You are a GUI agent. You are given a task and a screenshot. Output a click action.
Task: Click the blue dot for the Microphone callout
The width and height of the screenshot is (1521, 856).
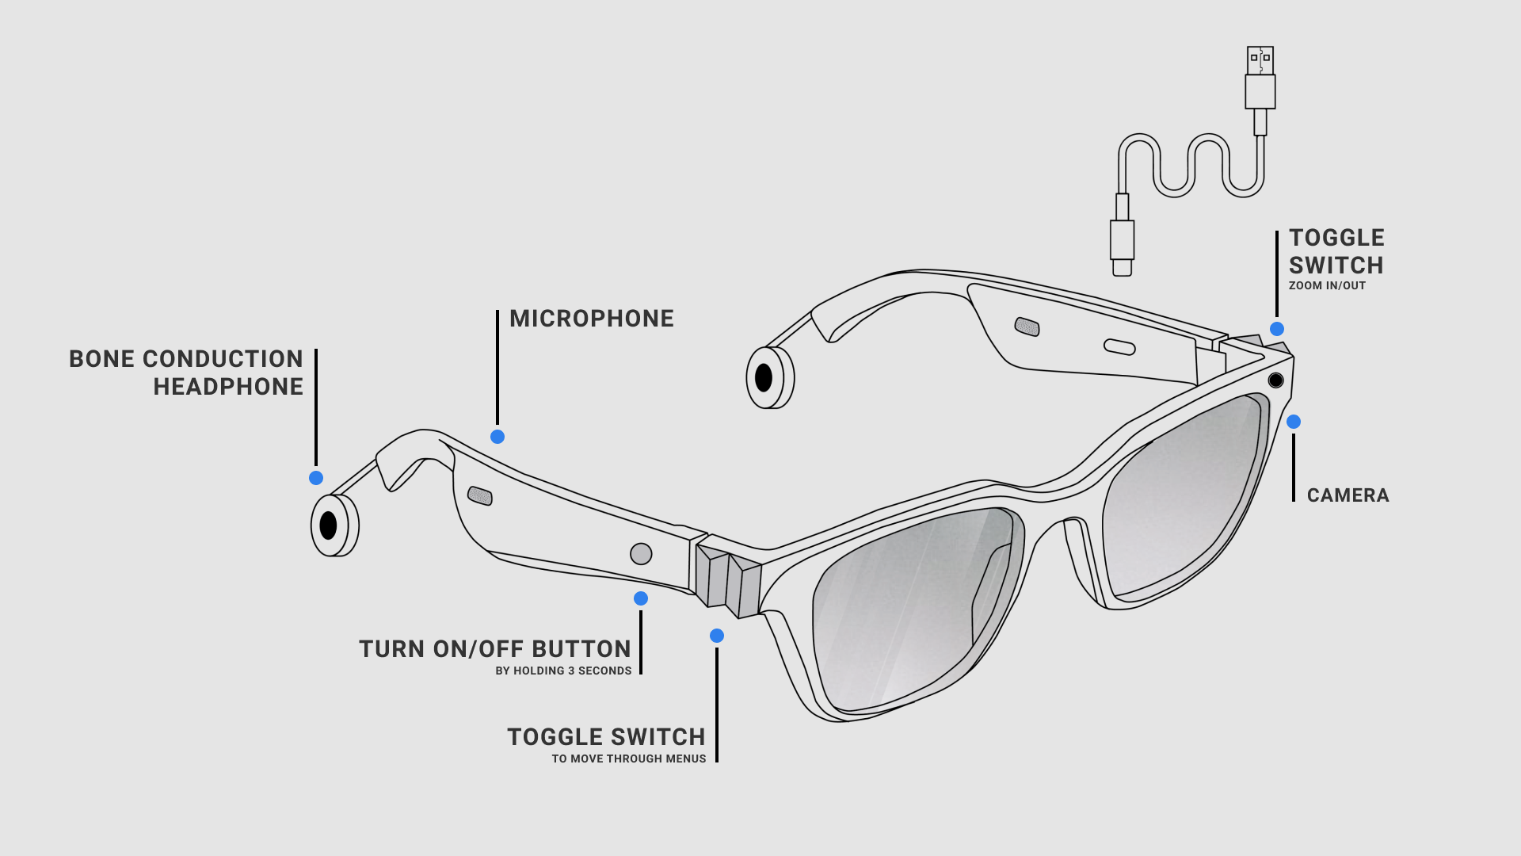(497, 437)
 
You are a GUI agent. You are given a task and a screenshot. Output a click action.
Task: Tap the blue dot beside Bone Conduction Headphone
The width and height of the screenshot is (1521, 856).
(316, 478)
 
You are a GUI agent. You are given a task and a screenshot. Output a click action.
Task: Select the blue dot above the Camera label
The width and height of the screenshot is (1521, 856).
(1294, 422)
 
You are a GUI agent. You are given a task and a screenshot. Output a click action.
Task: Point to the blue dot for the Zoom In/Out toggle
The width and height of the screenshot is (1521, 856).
(1277, 329)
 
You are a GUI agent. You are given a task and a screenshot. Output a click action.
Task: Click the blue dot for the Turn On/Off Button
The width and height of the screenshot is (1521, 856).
(641, 598)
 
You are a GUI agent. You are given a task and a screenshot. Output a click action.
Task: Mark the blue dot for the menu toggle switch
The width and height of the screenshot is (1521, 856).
(717, 636)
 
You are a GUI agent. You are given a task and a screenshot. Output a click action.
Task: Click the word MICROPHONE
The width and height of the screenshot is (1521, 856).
(592, 319)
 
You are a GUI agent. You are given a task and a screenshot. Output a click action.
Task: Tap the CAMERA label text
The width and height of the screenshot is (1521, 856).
(1348, 495)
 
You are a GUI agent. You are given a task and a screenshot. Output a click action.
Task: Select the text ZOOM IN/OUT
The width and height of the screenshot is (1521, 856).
(1327, 286)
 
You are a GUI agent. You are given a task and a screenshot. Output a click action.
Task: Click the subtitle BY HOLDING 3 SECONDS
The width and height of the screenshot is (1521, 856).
(563, 671)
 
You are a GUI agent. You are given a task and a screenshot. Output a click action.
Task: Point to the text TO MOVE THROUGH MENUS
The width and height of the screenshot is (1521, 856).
(629, 759)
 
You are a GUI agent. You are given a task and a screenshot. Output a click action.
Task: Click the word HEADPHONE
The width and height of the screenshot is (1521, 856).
(228, 387)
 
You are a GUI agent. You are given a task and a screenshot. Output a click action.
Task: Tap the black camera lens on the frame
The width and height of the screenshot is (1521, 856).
(1275, 380)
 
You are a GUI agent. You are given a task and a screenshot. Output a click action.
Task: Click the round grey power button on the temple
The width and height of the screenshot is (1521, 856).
(641, 554)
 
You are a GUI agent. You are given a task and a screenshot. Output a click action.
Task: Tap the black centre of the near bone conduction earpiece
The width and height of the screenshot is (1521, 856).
(328, 525)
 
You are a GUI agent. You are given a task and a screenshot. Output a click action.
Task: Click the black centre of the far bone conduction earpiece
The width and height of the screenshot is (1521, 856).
(764, 378)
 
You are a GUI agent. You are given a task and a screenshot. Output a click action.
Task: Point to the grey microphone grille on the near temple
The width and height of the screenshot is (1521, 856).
(480, 496)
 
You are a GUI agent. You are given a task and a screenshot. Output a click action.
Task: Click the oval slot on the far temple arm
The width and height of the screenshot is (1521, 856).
(1119, 346)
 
